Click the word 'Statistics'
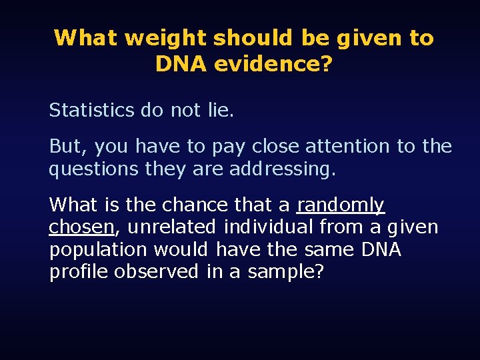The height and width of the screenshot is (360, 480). [x=91, y=110]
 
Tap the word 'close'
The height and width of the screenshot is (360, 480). [x=275, y=146]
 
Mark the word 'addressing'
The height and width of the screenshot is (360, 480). [x=283, y=169]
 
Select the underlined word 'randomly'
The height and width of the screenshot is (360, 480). [x=341, y=205]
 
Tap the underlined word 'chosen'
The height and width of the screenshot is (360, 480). [x=81, y=227]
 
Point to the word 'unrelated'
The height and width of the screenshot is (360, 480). [x=171, y=227]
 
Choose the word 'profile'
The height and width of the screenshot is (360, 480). [x=78, y=272]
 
